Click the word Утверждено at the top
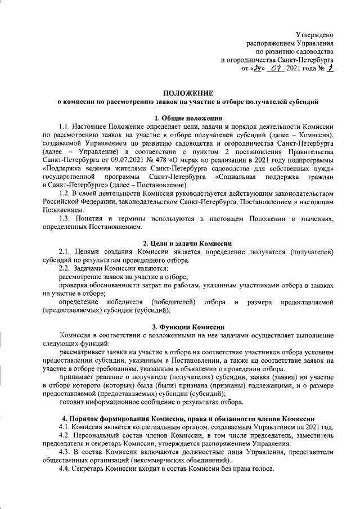click(315, 35)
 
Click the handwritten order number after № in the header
click(331, 68)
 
